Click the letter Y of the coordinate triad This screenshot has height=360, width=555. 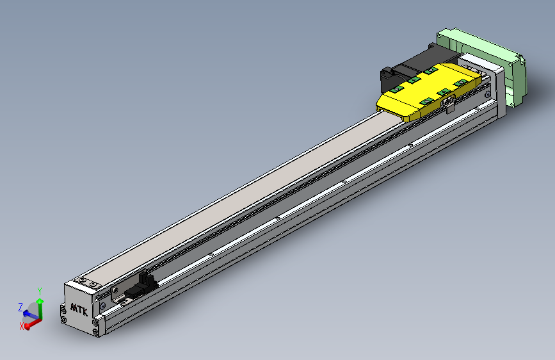tap(40, 291)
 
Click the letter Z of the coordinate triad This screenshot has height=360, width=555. tap(20, 306)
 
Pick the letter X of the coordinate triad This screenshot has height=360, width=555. tap(22, 326)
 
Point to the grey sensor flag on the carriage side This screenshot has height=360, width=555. tap(450, 104)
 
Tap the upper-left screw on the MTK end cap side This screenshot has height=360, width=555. tap(63, 311)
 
